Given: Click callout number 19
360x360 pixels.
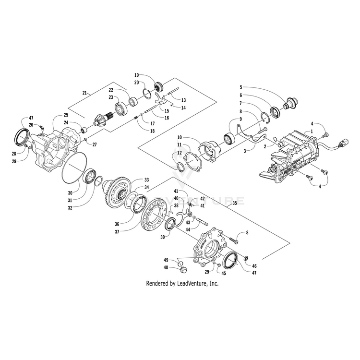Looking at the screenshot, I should (x=136, y=75).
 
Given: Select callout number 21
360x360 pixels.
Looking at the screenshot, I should (x=85, y=92).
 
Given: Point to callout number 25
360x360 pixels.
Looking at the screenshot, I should (x=66, y=115).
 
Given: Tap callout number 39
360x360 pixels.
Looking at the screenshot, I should (x=162, y=237).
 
